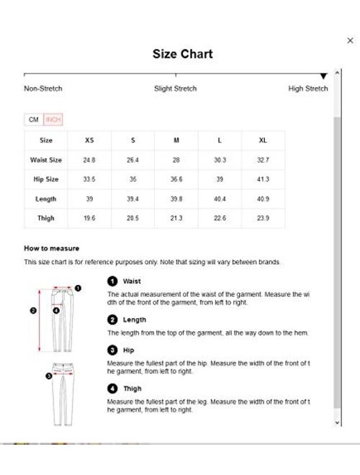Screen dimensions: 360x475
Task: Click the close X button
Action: [351, 41]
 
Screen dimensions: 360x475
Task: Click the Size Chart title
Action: [182, 54]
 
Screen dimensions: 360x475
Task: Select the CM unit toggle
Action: [33, 119]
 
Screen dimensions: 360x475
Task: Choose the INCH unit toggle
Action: [53, 119]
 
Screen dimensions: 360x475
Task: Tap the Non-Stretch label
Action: [43, 89]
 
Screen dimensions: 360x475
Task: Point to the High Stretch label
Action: [308, 89]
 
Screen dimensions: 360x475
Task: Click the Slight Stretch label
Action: [174, 89]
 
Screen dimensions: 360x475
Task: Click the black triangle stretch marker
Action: [323, 76]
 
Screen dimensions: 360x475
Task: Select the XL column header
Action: [264, 141]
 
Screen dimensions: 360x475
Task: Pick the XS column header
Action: [89, 141]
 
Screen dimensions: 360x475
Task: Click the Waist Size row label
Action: [46, 160]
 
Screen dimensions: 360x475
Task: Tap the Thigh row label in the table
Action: [46, 218]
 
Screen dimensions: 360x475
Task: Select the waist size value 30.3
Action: [220, 160]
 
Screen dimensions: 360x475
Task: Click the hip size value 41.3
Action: [264, 179]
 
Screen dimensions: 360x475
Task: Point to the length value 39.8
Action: [176, 199]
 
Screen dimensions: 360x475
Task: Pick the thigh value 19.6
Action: [89, 218]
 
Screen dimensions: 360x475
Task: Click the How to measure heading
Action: [51, 248]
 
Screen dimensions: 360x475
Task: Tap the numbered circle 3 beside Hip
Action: [112, 350]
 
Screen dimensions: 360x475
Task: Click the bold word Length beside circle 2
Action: [135, 320]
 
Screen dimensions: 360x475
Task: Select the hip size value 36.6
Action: [176, 179]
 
